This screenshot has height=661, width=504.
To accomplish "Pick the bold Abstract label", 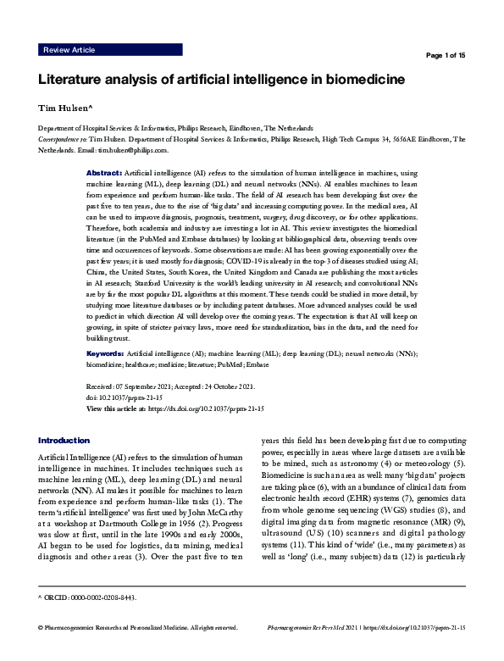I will pyautogui.click(x=103, y=172).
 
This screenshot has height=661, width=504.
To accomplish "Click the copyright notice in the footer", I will pyautogui.click(x=136, y=652).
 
